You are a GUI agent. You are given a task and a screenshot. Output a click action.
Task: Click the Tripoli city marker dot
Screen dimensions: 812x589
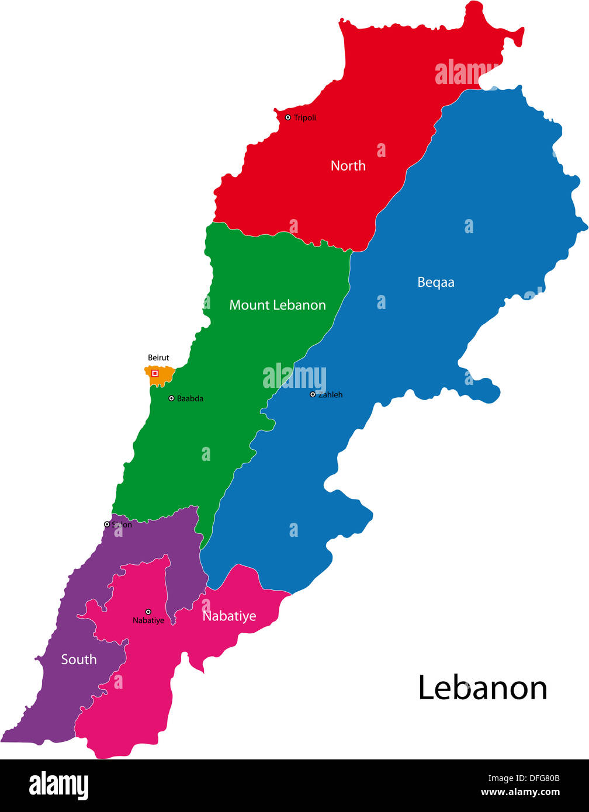pyautogui.click(x=287, y=117)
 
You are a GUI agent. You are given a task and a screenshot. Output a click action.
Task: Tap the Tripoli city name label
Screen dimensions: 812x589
pyautogui.click(x=305, y=118)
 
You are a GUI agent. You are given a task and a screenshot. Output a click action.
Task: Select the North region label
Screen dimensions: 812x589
pyautogui.click(x=348, y=166)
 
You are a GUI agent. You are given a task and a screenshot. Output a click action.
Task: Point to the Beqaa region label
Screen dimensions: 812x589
pyautogui.click(x=436, y=282)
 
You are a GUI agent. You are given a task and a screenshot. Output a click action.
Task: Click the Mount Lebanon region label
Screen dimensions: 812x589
pyautogui.click(x=278, y=305)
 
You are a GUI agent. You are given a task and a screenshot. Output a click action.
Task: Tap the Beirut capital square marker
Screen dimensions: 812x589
pyautogui.click(x=155, y=373)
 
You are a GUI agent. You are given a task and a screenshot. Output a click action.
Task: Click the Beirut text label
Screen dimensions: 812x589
pyautogui.click(x=158, y=358)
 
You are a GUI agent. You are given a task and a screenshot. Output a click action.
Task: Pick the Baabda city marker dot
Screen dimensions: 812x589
pyautogui.click(x=171, y=398)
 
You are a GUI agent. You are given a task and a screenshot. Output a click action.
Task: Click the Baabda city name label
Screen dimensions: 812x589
pyautogui.click(x=190, y=398)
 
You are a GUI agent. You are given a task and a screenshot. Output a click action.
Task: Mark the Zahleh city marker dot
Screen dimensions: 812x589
pyautogui.click(x=313, y=394)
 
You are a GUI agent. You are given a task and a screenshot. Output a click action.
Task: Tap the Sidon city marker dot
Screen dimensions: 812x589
pyautogui.click(x=107, y=525)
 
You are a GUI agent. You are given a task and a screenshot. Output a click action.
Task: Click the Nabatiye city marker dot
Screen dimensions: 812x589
pyautogui.click(x=148, y=612)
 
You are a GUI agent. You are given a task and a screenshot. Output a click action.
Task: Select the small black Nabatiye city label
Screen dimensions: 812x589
pyautogui.click(x=148, y=620)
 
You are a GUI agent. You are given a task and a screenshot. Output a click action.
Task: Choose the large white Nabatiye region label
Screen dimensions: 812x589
pyautogui.click(x=229, y=616)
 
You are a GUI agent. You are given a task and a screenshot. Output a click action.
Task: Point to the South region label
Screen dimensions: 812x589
pyautogui.click(x=79, y=660)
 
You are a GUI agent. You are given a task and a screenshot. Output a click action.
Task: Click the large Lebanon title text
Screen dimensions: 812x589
pyautogui.click(x=483, y=688)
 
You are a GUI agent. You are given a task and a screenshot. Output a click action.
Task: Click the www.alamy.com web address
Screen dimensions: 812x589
pyautogui.click(x=520, y=793)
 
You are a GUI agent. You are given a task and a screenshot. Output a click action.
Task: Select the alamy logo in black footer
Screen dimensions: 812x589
pyautogui.click(x=59, y=786)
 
